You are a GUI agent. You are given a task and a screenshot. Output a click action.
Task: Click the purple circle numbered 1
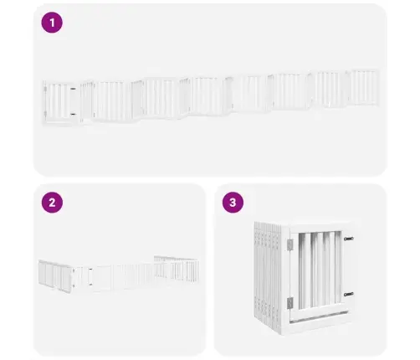point(52,23)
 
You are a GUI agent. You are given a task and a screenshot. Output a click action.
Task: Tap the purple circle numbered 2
point(52,203)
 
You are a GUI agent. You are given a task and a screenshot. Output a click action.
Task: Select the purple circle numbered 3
point(233,203)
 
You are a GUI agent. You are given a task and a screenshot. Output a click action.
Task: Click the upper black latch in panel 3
point(348,239)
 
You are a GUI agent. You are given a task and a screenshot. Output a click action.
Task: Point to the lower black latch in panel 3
point(348,294)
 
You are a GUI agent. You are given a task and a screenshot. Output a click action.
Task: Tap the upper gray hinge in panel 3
point(290,244)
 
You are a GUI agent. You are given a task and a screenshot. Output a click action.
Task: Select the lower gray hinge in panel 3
point(290,303)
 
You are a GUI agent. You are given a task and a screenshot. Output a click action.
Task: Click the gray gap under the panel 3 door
point(319,316)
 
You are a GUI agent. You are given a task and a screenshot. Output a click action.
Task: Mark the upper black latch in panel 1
point(73,89)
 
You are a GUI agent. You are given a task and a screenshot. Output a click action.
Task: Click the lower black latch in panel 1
point(73,114)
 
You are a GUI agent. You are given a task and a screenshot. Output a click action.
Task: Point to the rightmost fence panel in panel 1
point(364,88)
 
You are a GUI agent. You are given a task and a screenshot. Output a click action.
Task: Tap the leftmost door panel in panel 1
point(59,102)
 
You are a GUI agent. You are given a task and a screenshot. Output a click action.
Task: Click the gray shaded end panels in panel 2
point(55,276)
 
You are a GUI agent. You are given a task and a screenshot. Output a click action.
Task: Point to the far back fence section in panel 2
point(177,267)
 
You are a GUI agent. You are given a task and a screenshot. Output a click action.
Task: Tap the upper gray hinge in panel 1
point(45,89)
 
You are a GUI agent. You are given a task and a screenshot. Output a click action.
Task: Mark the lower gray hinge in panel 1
point(45,114)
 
